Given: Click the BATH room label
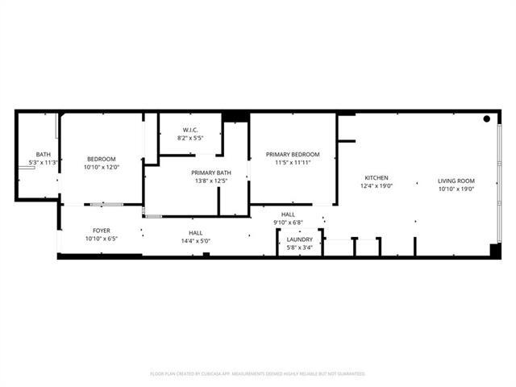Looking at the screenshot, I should coord(43,155).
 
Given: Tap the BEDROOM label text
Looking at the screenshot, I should coord(102,159).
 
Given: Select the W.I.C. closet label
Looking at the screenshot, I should coord(191,130).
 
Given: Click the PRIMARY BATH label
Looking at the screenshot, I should coord(211,173).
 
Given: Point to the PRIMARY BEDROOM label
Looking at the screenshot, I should coord(293,154).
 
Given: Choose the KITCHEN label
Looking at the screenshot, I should coord(377,178).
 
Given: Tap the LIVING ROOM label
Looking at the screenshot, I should coord(456,181).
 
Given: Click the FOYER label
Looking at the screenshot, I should coord(102,231).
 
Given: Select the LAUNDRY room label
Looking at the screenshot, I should coord(300,239).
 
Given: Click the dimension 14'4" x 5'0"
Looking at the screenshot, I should coord(194,240).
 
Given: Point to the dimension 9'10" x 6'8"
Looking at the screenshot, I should coord(287,223).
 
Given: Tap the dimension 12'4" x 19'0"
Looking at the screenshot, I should coord(377,187).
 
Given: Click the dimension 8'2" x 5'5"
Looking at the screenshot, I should coord(191,138).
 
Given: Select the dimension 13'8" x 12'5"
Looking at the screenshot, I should coord(211,181).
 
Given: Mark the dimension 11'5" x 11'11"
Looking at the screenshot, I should coord(293,163).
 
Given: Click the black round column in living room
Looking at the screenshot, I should coord(487,119).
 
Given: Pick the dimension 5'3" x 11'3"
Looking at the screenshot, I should coord(43,163).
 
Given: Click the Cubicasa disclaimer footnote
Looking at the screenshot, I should coord(258,374).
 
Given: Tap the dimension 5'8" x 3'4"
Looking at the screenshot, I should coord(300,248).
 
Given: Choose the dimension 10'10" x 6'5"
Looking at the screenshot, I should coord(102,239).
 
